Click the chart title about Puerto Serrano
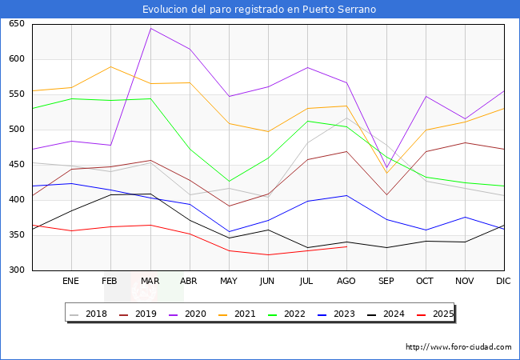click(259, 10)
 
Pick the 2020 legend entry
click(195, 314)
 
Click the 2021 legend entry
click(245, 314)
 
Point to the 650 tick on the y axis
click(15, 24)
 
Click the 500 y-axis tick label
click(15, 130)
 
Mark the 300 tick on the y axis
click(15, 270)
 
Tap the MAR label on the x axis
click(150, 282)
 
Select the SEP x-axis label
click(386, 282)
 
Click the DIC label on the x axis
click(503, 282)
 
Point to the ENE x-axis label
click(71, 282)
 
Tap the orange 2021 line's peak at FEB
click(111, 67)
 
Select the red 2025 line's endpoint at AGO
click(346, 246)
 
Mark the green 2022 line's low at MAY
click(229, 182)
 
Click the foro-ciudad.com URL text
click(458, 347)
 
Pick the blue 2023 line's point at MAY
click(229, 232)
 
